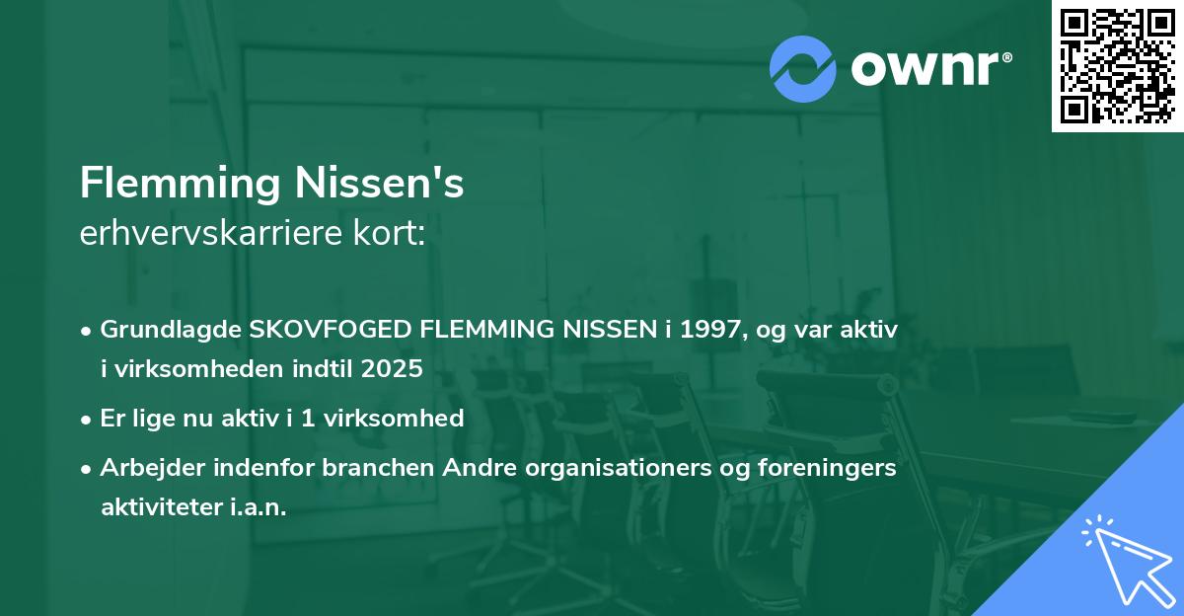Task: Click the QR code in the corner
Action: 1117,66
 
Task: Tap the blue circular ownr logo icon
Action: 802,68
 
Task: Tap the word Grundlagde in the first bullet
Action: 170,330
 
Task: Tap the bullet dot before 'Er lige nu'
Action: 88,419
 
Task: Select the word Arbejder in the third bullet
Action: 148,468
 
